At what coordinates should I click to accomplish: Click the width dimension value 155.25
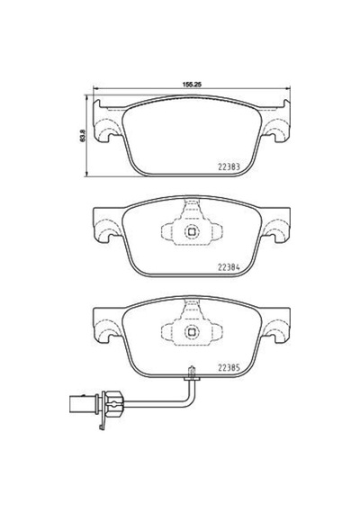[x=192, y=84]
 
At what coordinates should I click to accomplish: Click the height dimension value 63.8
[x=83, y=136]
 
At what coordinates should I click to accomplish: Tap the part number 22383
[x=229, y=166]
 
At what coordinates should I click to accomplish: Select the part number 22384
[x=229, y=267]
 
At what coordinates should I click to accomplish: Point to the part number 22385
[x=229, y=368]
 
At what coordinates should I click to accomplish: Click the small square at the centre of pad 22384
[x=192, y=232]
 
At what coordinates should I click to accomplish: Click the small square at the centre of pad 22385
[x=192, y=332]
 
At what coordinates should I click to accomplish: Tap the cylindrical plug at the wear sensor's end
[x=82, y=404]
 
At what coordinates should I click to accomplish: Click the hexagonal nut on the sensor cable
[x=113, y=404]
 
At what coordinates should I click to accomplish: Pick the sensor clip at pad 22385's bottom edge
[x=192, y=374]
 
